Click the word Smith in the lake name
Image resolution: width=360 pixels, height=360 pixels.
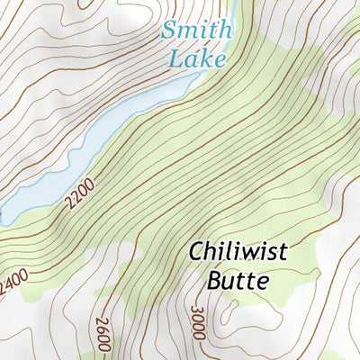click(x=196, y=30)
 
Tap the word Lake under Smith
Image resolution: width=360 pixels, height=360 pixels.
click(x=196, y=58)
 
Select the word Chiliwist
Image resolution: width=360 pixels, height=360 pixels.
click(x=238, y=252)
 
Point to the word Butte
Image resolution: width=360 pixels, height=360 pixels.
click(x=238, y=280)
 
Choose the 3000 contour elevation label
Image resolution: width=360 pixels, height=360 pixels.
click(x=198, y=322)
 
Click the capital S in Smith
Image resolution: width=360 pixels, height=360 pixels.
click(x=169, y=30)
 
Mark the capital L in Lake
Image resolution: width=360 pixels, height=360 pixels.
click(x=175, y=58)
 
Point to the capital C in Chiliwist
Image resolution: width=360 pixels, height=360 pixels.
click(x=196, y=252)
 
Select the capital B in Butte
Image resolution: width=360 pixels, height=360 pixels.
click(x=214, y=280)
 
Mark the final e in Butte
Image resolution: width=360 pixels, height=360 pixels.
click(x=262, y=282)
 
